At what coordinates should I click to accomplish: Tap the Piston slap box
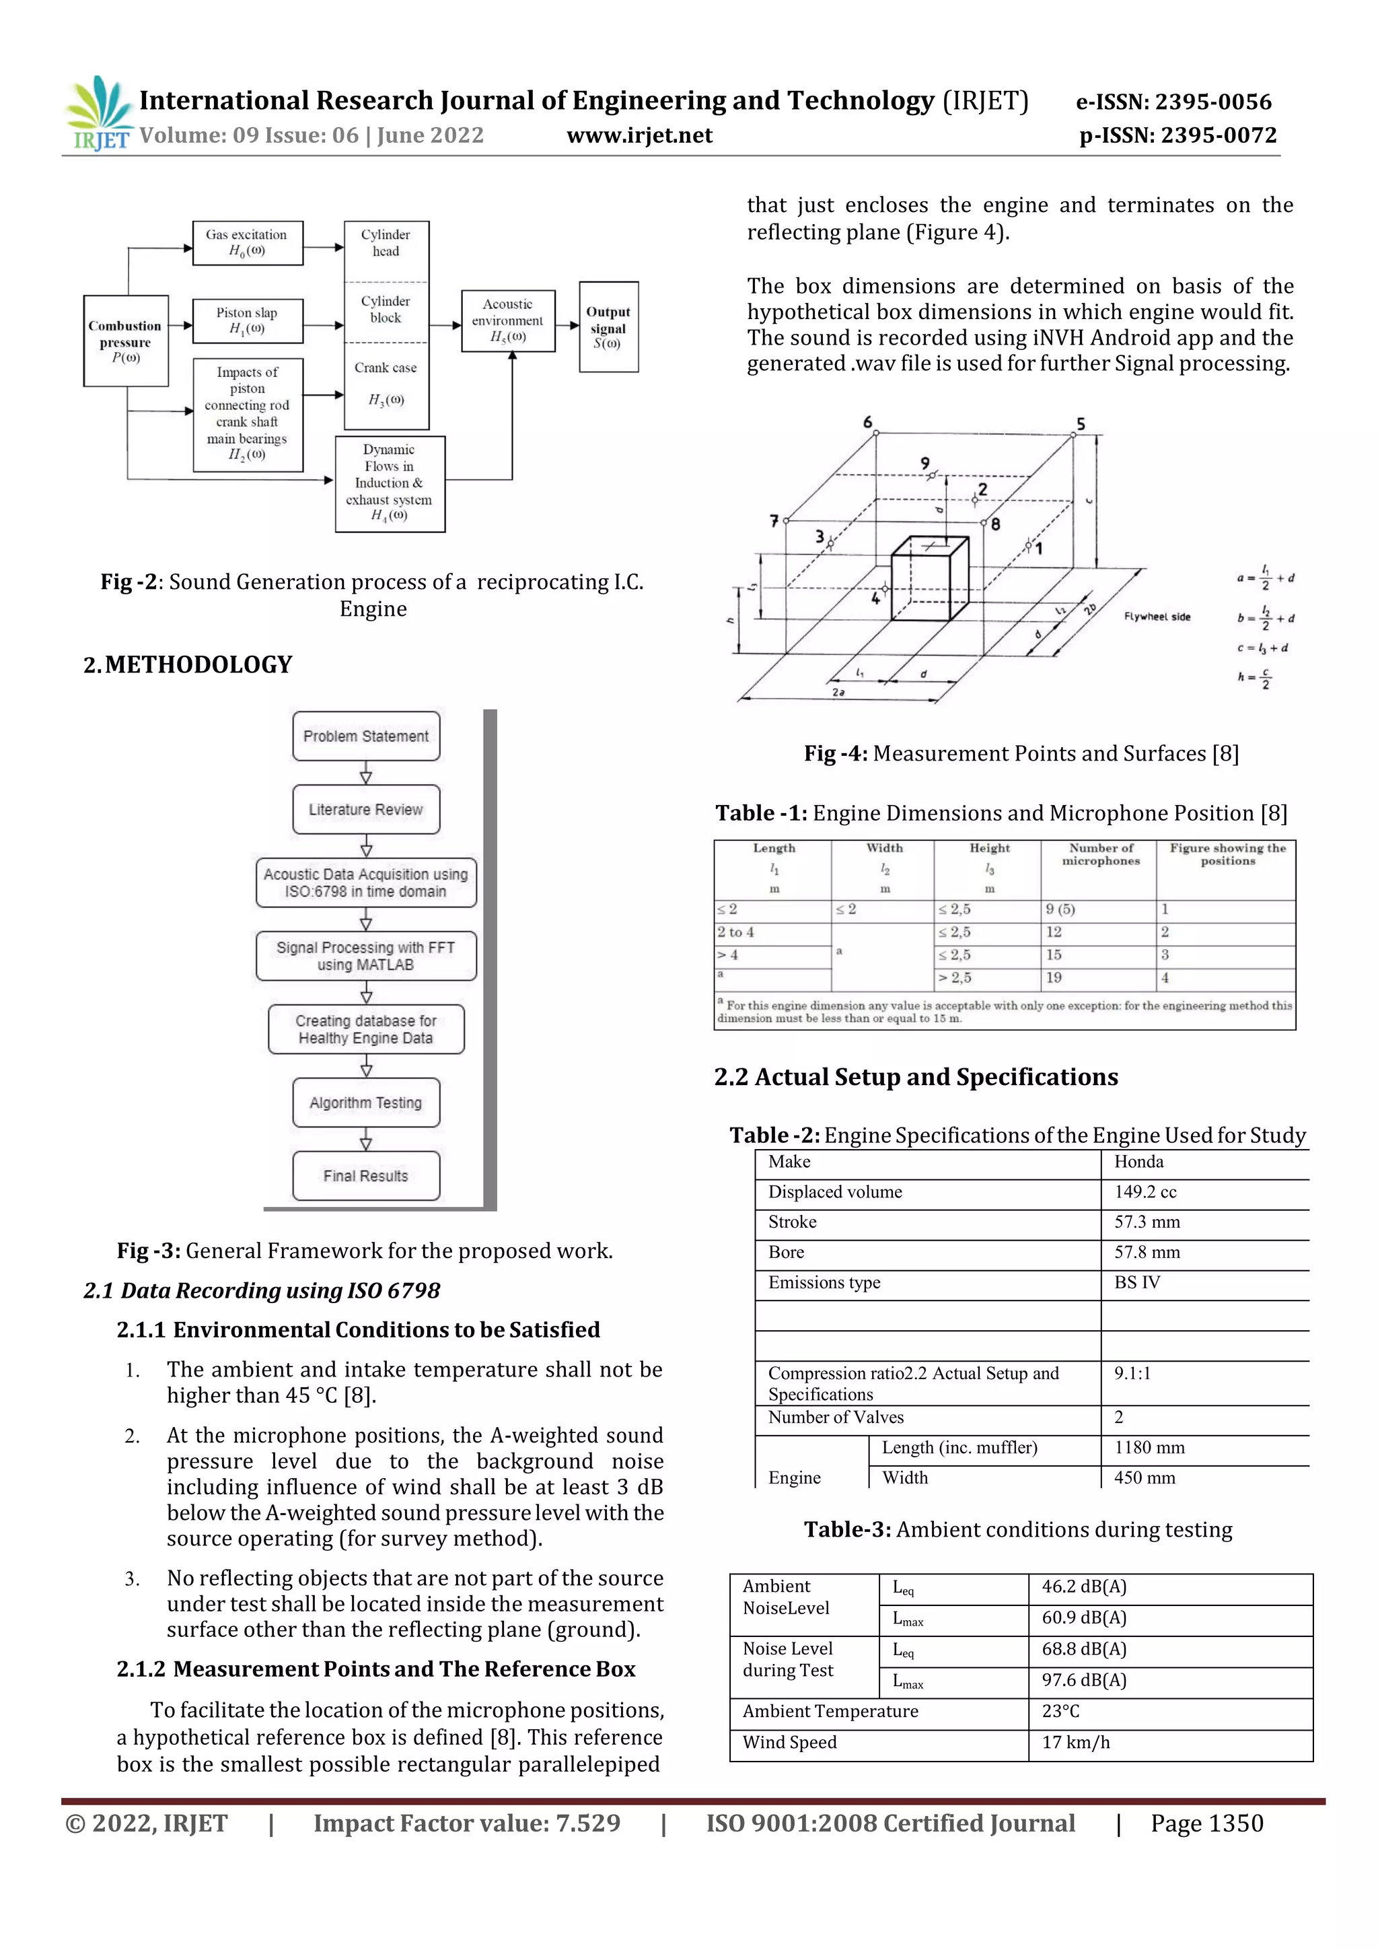click(247, 320)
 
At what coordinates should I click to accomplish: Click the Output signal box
click(608, 327)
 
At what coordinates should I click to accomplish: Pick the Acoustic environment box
click(508, 320)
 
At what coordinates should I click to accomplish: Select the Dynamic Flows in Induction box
click(389, 483)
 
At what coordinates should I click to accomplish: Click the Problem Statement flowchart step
click(366, 736)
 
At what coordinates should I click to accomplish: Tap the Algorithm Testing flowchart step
click(366, 1103)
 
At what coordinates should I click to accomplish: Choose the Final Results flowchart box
click(366, 1175)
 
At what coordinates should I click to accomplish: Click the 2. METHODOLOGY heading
click(188, 664)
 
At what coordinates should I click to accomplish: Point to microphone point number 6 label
click(867, 422)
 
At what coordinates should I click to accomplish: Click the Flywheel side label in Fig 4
click(1157, 617)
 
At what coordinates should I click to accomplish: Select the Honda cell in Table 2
click(1138, 1162)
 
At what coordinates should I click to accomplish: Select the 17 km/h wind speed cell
click(1076, 1742)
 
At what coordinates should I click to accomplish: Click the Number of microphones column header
click(1100, 854)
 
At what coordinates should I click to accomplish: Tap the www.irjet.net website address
click(639, 136)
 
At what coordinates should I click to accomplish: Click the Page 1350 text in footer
click(1206, 1823)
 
